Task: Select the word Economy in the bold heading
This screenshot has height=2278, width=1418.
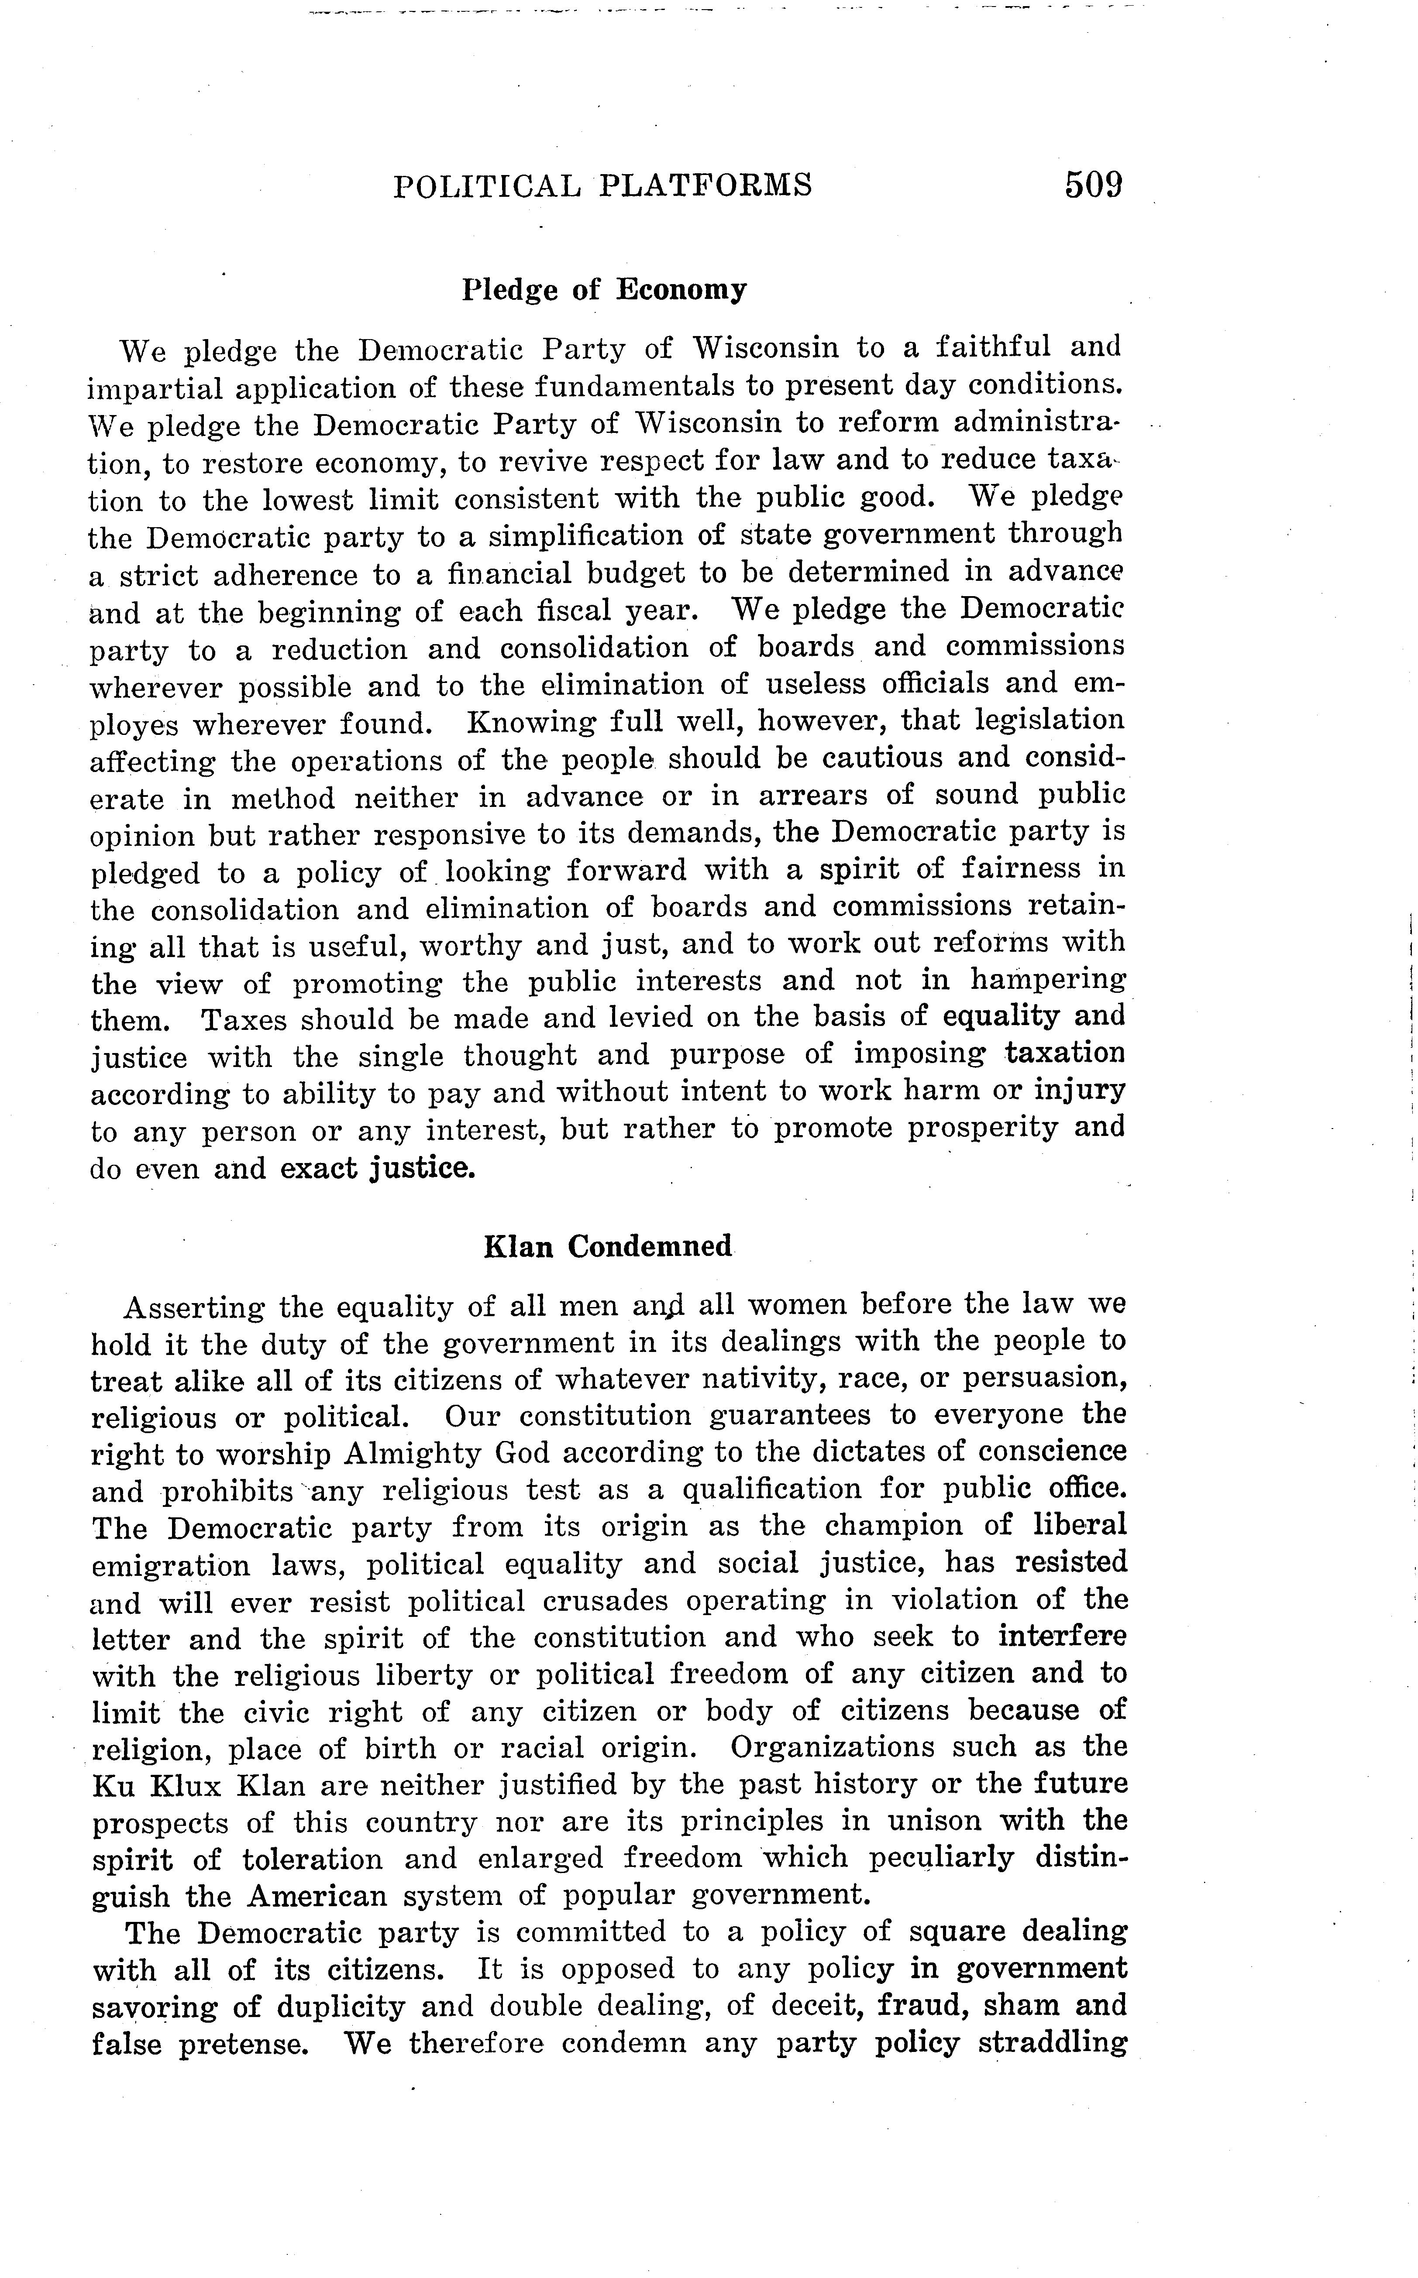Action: pyautogui.click(x=681, y=290)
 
